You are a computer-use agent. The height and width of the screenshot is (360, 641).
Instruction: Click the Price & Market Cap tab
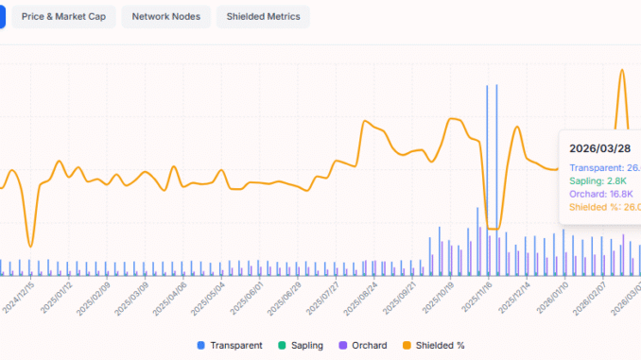(65, 17)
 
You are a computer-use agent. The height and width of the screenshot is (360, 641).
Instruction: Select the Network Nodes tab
(165, 17)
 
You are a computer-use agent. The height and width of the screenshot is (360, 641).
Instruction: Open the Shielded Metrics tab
(263, 17)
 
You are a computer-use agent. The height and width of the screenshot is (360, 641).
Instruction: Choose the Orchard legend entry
(364, 346)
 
